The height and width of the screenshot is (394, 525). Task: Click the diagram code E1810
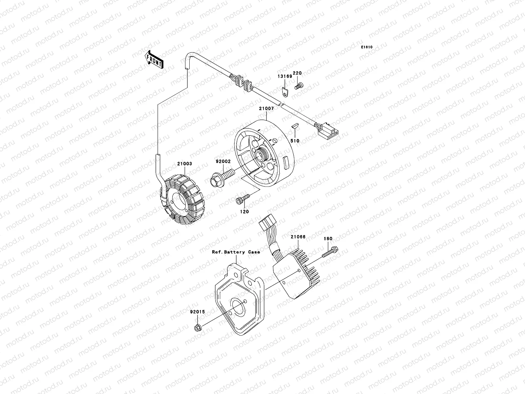click(x=367, y=47)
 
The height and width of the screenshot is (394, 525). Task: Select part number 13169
click(x=284, y=76)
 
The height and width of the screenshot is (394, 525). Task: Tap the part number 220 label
click(x=297, y=73)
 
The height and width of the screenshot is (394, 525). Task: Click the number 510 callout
click(x=295, y=141)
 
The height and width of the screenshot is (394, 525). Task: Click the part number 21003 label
click(x=185, y=164)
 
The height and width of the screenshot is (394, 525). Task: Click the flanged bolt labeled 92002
click(x=223, y=176)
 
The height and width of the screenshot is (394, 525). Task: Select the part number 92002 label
click(x=223, y=162)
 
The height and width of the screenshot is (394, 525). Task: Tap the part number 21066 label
click(x=298, y=236)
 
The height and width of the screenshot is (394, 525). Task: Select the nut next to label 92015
click(x=198, y=327)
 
